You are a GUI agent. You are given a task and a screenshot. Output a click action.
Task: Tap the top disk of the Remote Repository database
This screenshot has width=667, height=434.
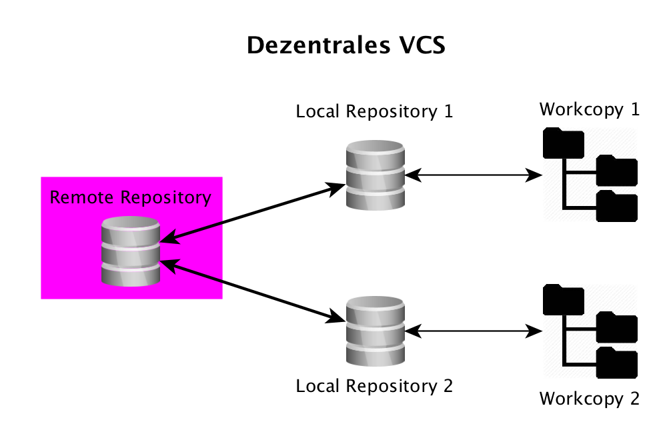tap(130, 231)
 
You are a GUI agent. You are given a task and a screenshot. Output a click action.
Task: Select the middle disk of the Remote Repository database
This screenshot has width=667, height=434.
tap(130, 254)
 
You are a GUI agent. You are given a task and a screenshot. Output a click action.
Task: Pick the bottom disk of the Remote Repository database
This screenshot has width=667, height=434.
tap(130, 274)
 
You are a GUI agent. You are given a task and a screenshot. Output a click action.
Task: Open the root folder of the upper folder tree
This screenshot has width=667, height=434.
tap(563, 143)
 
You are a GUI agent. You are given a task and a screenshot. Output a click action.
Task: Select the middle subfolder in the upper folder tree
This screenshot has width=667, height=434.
tap(617, 171)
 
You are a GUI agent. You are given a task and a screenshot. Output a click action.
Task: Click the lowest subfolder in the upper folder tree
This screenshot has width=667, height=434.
tap(617, 206)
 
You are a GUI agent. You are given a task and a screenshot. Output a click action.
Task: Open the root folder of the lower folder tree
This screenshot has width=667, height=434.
tap(563, 299)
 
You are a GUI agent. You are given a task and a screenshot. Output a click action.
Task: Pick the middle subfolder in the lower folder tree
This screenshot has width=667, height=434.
tap(617, 328)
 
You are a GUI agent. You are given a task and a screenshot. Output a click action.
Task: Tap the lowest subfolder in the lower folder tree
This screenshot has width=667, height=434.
tap(617, 363)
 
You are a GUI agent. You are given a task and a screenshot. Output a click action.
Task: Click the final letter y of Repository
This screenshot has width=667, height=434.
tap(207, 199)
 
